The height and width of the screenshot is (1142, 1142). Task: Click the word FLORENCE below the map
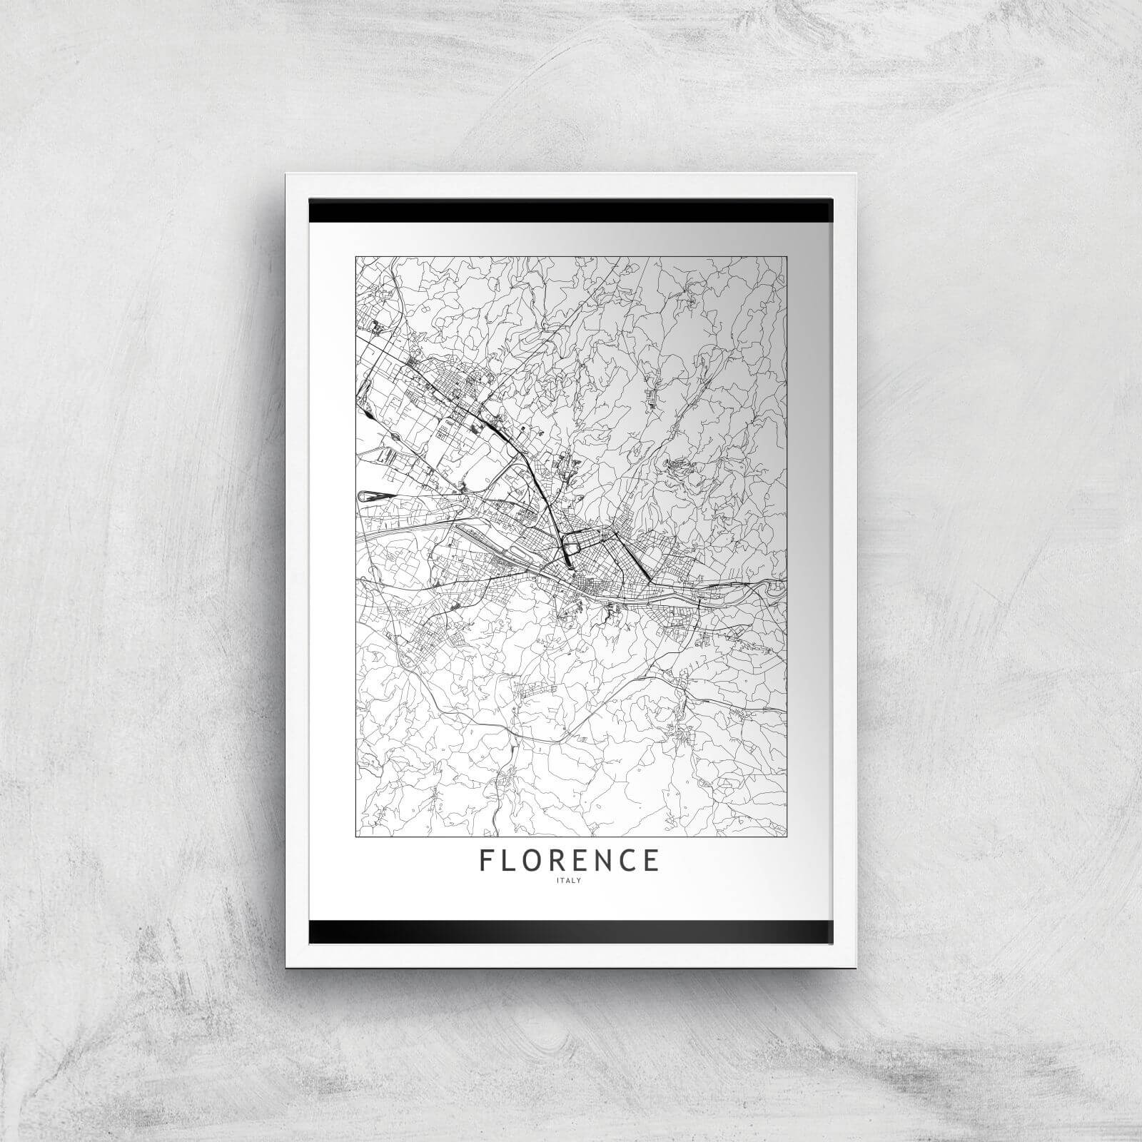tap(570, 860)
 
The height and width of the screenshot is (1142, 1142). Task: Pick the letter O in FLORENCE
tap(535, 860)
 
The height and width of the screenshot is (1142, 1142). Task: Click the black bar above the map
tap(571, 211)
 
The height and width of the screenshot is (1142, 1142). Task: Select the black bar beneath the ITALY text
tap(571, 931)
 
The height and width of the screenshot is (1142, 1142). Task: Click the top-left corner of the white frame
tap(285, 173)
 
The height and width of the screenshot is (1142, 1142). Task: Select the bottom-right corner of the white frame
tap(855, 968)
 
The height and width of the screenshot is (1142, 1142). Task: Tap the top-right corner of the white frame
tap(855, 173)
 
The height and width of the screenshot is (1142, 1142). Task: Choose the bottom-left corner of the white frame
tap(285, 968)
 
